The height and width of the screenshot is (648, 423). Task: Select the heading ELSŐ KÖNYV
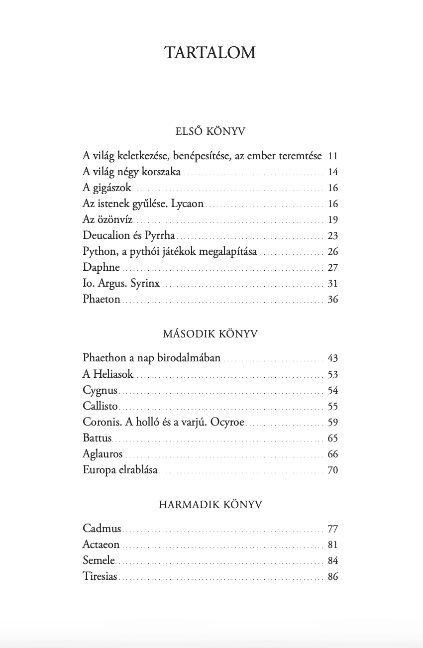click(x=211, y=132)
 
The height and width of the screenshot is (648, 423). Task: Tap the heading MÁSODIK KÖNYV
click(x=211, y=334)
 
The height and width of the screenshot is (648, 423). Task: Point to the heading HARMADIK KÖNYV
click(x=211, y=505)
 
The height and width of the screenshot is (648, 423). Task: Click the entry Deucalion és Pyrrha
click(x=129, y=236)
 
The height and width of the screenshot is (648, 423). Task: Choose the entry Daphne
click(x=102, y=268)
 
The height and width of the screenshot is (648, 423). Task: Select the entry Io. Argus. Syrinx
click(x=121, y=284)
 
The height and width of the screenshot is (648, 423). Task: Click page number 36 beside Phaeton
click(x=333, y=300)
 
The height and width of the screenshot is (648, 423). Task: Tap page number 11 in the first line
click(x=333, y=156)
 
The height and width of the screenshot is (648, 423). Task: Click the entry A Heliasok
click(x=108, y=374)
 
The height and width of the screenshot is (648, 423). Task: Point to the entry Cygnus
click(x=100, y=390)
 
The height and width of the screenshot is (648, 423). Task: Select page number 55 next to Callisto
click(x=333, y=406)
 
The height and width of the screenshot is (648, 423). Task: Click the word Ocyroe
click(x=227, y=422)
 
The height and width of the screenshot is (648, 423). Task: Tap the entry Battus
click(x=98, y=438)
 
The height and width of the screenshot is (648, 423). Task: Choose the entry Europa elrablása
click(x=120, y=470)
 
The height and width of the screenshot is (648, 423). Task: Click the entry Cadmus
click(x=102, y=529)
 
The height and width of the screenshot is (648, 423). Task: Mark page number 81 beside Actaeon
click(x=333, y=544)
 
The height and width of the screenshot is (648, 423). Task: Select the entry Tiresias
click(x=100, y=576)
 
